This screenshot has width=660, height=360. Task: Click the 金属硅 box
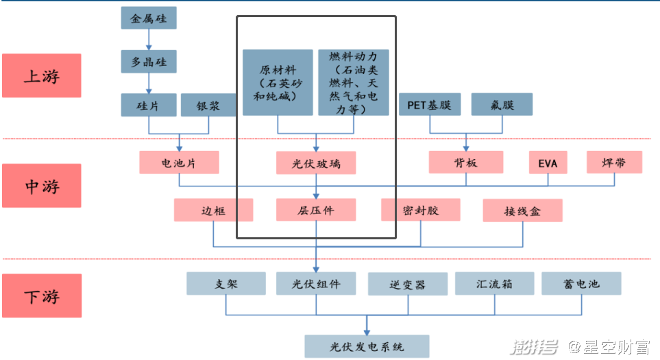148,18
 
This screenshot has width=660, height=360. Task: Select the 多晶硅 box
148,62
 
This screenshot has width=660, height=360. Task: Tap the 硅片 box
148,105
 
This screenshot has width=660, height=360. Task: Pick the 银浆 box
208,105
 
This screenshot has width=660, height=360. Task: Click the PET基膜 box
429,105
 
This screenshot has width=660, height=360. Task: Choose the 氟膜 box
502,105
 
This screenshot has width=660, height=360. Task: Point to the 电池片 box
179,163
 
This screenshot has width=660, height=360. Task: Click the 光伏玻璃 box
316,163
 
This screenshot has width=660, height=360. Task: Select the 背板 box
466,163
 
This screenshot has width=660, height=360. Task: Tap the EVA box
548,163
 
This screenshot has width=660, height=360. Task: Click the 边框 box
213,210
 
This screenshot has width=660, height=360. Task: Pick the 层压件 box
316,210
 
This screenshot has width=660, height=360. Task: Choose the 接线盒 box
522,211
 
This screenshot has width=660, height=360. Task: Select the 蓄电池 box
581,283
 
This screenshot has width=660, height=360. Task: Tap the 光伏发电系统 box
367,346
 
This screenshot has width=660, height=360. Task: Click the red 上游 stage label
41,75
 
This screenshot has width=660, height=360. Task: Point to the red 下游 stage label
41,296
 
